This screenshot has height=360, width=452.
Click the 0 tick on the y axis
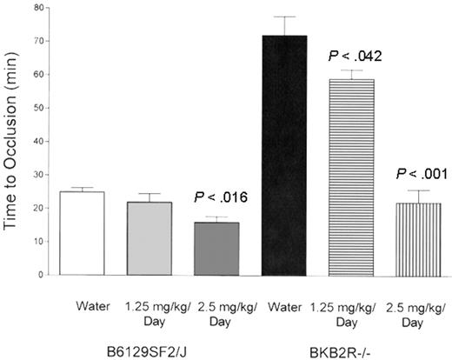pyautogui.click(x=38, y=275)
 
